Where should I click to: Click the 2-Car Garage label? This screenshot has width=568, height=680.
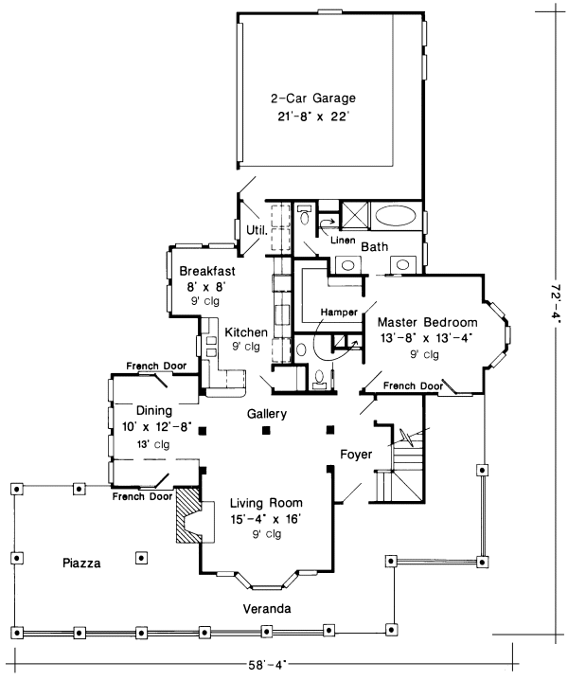click(x=313, y=98)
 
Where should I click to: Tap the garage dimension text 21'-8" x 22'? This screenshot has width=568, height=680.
click(x=313, y=116)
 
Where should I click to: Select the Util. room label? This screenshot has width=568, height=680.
click(x=257, y=230)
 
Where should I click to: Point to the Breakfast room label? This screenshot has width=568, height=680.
click(x=207, y=271)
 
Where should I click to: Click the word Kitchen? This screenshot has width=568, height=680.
click(x=246, y=332)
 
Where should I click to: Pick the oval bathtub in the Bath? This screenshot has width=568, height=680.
click(x=396, y=215)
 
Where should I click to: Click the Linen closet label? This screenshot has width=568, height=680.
click(x=343, y=241)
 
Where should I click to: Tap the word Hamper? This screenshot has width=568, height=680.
click(x=339, y=313)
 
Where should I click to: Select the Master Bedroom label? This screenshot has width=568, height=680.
click(x=428, y=322)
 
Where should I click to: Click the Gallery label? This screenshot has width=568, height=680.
click(x=267, y=414)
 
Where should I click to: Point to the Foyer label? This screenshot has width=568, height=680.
click(x=356, y=454)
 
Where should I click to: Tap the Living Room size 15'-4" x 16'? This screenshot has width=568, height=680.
click(x=266, y=519)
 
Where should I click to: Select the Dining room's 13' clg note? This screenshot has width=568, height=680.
click(x=153, y=444)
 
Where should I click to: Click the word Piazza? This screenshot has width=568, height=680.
click(x=81, y=564)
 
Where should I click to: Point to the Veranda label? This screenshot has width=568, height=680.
click(x=267, y=609)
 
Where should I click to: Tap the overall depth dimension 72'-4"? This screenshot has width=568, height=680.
click(x=557, y=304)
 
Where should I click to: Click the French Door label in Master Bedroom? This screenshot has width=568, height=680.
click(x=413, y=385)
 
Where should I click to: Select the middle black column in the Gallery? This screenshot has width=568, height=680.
click(x=266, y=430)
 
